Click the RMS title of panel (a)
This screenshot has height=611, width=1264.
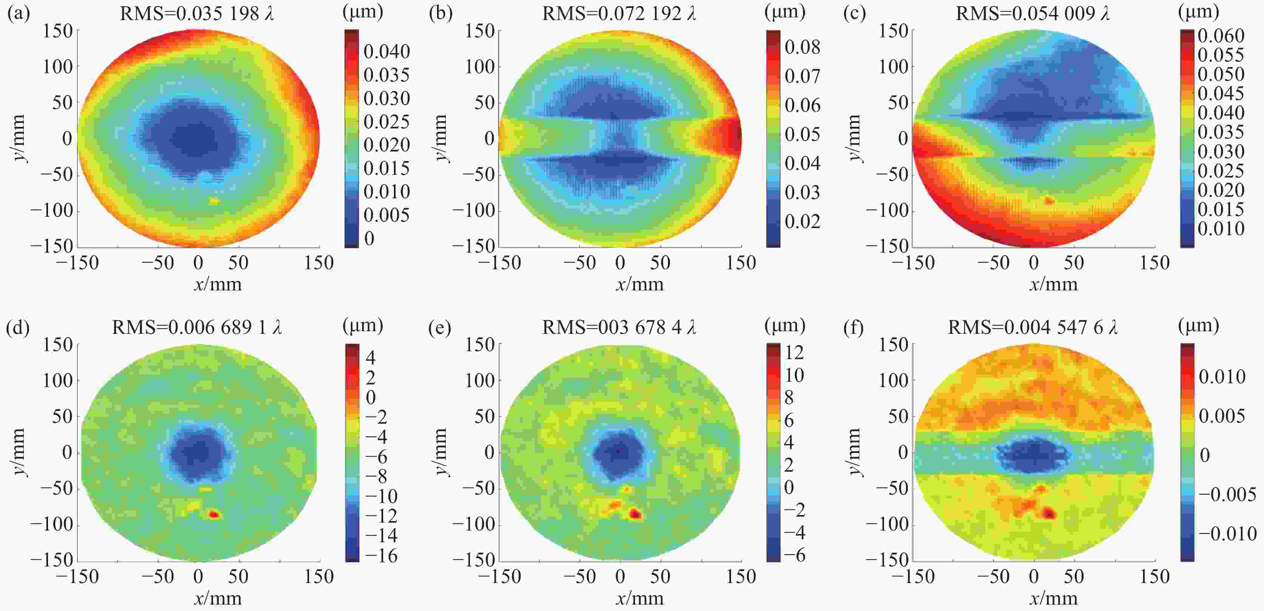pyautogui.click(x=197, y=13)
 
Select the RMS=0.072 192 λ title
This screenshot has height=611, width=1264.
pyautogui.click(x=619, y=13)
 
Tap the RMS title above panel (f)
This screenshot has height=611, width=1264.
pyautogui.click(x=1033, y=327)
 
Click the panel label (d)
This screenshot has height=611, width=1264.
pyautogui.click(x=18, y=327)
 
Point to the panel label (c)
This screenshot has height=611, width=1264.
pyautogui.click(x=854, y=13)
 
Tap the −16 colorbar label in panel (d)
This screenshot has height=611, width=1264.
pyautogui.click(x=381, y=555)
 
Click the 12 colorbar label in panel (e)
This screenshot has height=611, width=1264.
pyautogui.click(x=794, y=353)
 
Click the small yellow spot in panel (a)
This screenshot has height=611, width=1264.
pyautogui.click(x=214, y=201)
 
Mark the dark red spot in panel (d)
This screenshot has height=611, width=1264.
pyautogui.click(x=214, y=514)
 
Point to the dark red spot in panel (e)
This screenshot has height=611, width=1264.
pyautogui.click(x=635, y=514)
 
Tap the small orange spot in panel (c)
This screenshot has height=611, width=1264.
pyautogui.click(x=1049, y=200)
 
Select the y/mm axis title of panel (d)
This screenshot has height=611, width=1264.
pyautogui.click(x=18, y=452)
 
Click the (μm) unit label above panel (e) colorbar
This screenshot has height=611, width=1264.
pyautogui.click(x=785, y=325)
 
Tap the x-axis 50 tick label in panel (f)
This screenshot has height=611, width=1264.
pyautogui.click(x=1074, y=577)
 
